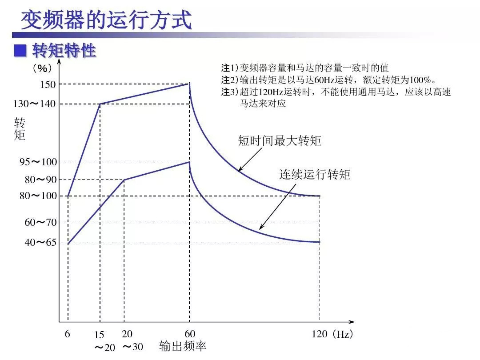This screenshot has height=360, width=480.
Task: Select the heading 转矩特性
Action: pos(64,51)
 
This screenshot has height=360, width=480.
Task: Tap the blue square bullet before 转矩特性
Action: pos(20,51)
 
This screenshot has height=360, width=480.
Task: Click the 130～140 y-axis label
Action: pos(35,104)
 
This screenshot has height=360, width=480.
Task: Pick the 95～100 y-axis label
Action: pos(38,162)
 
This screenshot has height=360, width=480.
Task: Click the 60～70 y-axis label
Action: pos(40,222)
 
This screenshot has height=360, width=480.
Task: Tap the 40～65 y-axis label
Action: pos(40,242)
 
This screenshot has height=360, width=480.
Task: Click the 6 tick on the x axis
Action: pos(68,334)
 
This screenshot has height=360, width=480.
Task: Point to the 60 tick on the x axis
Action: pos(190,334)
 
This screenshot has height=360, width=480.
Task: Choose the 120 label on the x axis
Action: pos(320,334)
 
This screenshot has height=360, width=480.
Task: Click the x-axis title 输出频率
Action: pos(183,346)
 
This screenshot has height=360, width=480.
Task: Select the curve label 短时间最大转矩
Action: pos(280,141)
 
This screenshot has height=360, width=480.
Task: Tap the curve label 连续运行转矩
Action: pos(315,175)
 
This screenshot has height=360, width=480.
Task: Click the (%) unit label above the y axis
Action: pos(42,68)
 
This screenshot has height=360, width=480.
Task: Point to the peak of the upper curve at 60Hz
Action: pos(190,83)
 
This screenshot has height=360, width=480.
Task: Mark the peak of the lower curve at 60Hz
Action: pos(190,162)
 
